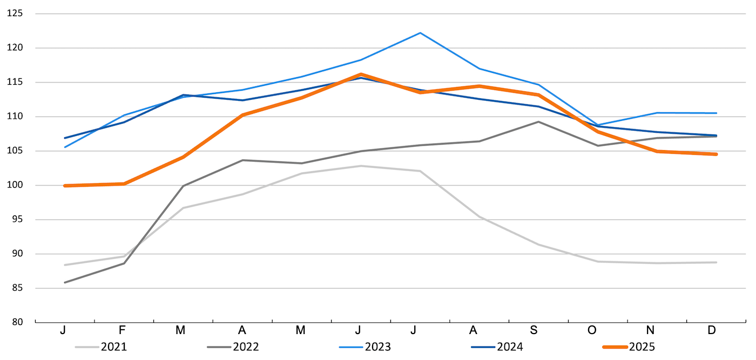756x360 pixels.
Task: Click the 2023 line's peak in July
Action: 420,33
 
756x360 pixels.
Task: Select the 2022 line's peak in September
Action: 538,122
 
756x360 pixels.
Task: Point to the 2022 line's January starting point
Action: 65,282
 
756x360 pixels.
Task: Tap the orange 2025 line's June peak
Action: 361,74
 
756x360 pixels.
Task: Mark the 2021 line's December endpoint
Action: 716,262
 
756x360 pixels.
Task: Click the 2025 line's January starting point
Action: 65,186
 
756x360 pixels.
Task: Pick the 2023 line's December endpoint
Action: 716,113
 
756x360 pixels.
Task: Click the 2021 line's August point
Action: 479,216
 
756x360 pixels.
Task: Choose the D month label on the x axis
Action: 711,330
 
